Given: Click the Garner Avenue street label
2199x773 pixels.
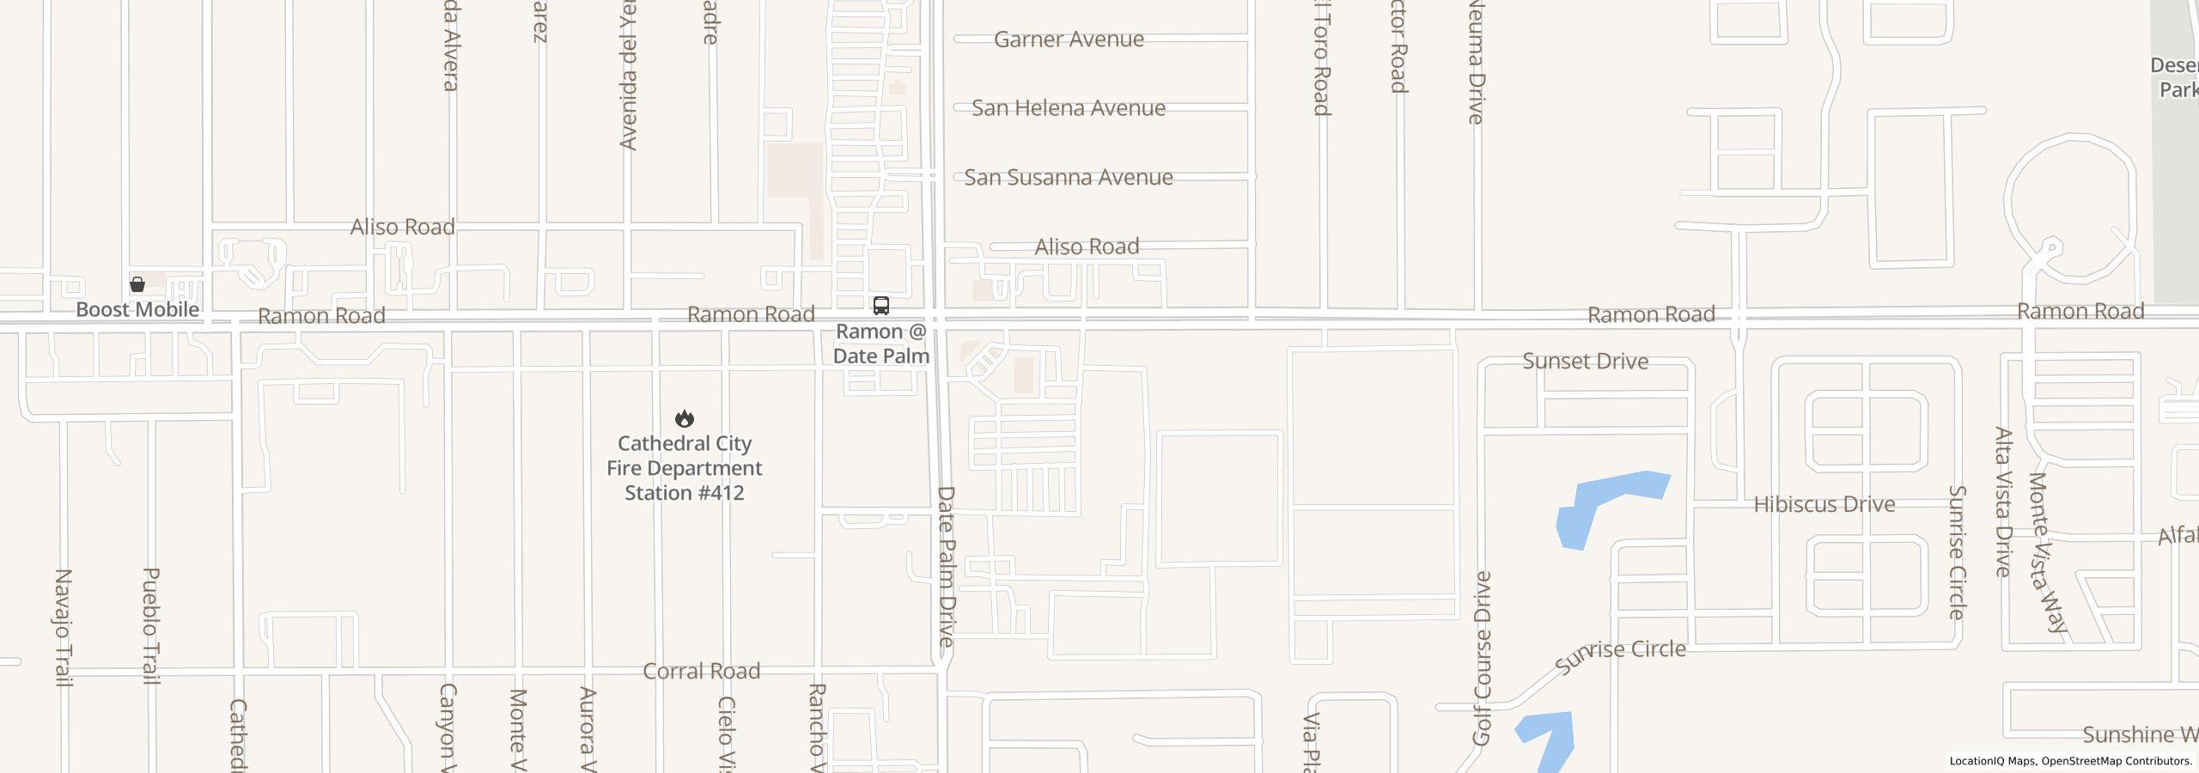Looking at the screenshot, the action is [1069, 40].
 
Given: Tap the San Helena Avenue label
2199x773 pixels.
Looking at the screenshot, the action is [1069, 108].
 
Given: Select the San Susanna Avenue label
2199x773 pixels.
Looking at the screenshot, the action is [1069, 177].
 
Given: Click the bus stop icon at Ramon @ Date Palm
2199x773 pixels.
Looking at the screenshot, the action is [880, 306].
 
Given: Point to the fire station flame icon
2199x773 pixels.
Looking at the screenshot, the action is [685, 418].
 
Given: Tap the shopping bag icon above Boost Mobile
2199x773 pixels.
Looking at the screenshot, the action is [137, 284].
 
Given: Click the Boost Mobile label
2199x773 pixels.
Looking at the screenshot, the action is [137, 309].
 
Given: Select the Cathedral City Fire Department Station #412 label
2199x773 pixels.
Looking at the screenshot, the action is [685, 468].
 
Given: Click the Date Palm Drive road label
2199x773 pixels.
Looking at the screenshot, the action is [946, 567].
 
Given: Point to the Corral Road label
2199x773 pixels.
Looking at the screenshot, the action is [702, 671].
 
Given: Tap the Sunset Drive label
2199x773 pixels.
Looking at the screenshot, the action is [1585, 362].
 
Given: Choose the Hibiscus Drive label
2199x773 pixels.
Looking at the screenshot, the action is [1824, 504].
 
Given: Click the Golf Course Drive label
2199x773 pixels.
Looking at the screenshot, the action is [1483, 658].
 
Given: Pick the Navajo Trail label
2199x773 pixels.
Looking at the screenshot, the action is [63, 627].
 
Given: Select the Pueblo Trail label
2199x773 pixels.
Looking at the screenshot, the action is [150, 625].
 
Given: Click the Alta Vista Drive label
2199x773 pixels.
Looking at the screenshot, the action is [2003, 502].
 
